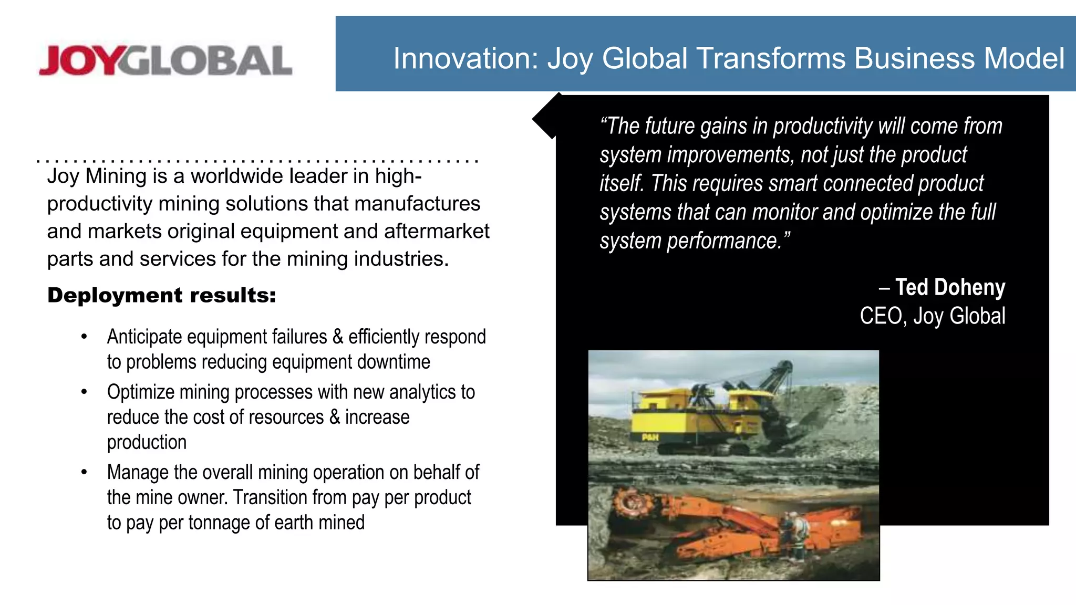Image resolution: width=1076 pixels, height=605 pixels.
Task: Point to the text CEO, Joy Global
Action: point(932,316)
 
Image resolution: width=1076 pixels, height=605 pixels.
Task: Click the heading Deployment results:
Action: point(161,295)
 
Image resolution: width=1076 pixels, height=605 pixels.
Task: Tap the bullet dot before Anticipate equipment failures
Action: point(84,337)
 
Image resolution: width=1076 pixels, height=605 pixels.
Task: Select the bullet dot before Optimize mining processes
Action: point(84,392)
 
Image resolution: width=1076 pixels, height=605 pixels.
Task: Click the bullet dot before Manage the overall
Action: point(84,472)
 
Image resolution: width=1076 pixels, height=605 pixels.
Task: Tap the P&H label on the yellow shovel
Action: point(650,437)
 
